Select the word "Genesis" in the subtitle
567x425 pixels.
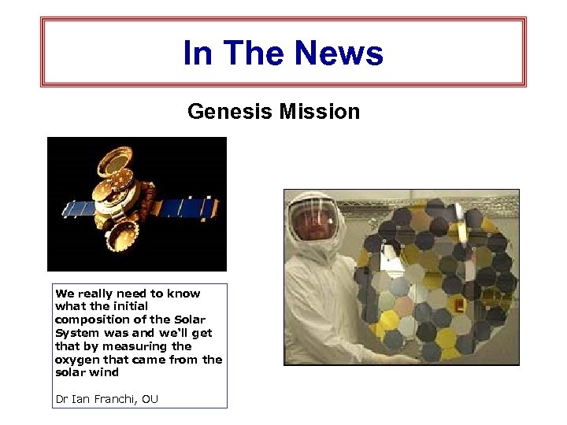coord(228,112)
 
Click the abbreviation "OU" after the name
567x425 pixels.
coord(150,399)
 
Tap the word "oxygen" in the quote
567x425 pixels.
coord(76,360)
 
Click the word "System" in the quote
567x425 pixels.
coord(77,333)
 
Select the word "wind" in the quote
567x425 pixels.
coord(104,372)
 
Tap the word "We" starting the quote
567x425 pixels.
coord(65,293)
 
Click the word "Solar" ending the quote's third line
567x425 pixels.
coord(189,320)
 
